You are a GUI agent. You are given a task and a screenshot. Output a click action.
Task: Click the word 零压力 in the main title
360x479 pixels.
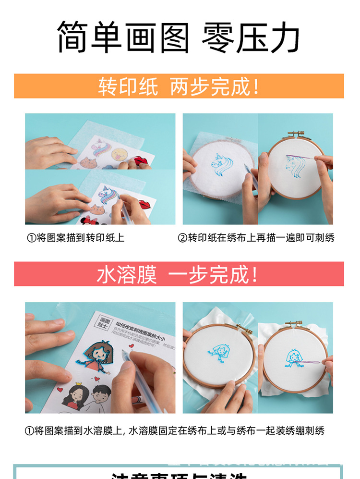(251, 37)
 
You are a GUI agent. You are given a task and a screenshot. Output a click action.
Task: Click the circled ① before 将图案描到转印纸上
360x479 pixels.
(30, 238)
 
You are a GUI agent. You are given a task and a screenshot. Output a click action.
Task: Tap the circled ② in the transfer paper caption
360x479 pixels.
(182, 238)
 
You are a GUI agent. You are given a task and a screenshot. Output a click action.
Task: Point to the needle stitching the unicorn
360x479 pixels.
(307, 158)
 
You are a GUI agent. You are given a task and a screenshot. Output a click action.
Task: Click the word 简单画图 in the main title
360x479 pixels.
(122, 37)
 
